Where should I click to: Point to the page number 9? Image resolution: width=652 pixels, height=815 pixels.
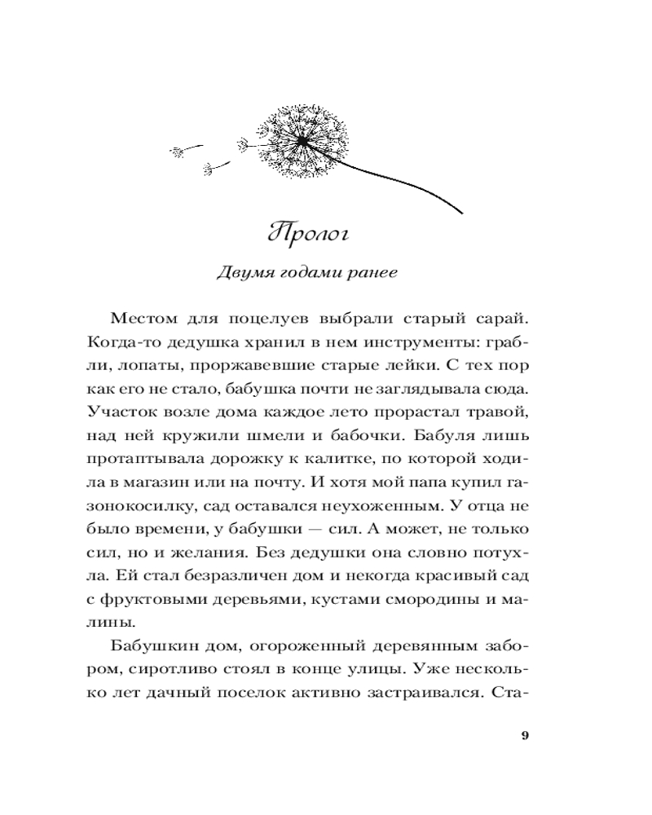(x=524, y=737)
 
